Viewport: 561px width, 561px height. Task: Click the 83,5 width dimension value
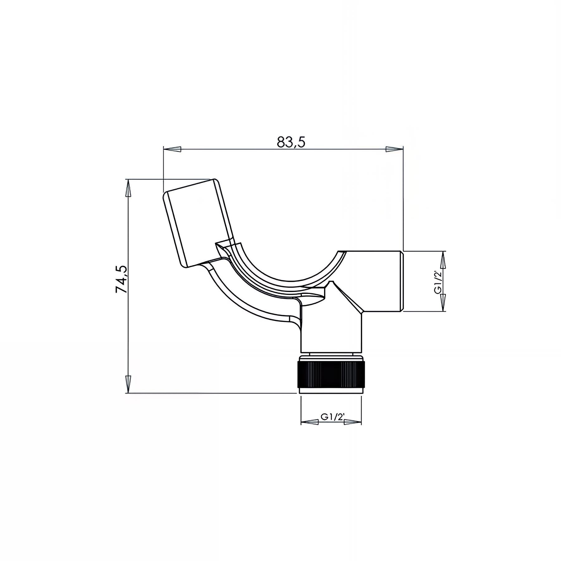coord(290,142)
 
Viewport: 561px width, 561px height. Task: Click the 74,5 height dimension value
coord(121,279)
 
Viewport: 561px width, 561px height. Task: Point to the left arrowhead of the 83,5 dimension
coord(172,149)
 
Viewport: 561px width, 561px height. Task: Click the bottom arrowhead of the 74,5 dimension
coord(128,384)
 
